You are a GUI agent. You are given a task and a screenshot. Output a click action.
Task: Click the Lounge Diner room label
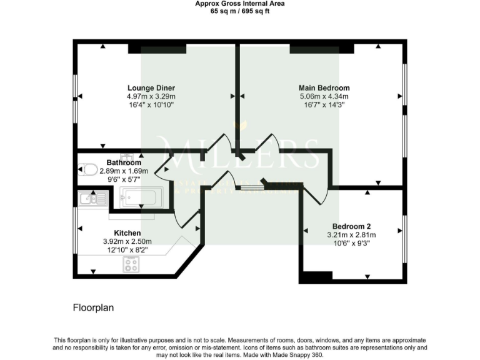click(151, 87)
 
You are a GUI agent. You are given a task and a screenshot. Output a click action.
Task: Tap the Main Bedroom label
click(324, 88)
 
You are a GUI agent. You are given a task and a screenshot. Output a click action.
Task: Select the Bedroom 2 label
click(351, 226)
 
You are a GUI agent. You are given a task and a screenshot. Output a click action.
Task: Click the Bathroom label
click(124, 162)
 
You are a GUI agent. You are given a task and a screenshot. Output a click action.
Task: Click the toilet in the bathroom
click(87, 169)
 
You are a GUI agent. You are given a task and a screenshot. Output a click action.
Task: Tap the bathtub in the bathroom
click(141, 198)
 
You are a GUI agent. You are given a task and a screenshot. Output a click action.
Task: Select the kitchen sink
click(93, 199)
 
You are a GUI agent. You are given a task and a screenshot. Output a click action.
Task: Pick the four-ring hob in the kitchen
click(131, 265)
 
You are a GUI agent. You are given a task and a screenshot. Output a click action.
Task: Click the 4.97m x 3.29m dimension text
click(151, 97)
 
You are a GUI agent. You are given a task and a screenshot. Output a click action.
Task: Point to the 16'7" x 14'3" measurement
click(324, 106)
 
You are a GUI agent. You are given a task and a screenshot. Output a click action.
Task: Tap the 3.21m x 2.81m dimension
click(351, 235)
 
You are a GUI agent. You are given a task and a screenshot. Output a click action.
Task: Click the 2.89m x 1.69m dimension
click(124, 171)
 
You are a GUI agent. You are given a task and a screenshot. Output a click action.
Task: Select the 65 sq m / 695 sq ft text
click(240, 11)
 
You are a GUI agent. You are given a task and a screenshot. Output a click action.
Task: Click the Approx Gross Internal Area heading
click(240, 4)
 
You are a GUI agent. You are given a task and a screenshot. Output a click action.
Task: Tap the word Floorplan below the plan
click(93, 308)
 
